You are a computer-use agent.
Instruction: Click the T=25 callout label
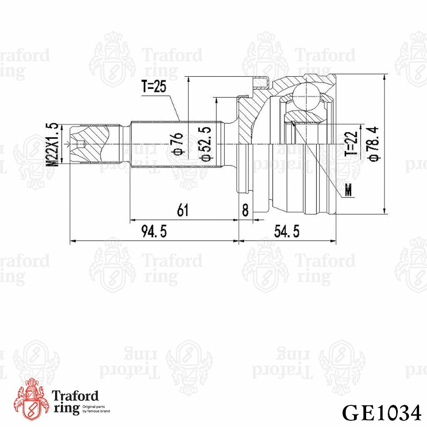[x=154, y=87]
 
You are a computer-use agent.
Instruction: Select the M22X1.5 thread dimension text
[x=53, y=145]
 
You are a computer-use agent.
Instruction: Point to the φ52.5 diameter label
[x=206, y=144]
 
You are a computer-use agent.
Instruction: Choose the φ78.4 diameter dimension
[x=374, y=144]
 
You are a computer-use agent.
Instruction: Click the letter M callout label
[x=349, y=191]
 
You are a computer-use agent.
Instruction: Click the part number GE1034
[x=381, y=413]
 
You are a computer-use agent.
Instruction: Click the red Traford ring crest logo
[x=30, y=399]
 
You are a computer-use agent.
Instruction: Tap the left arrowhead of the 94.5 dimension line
[x=72, y=241]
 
